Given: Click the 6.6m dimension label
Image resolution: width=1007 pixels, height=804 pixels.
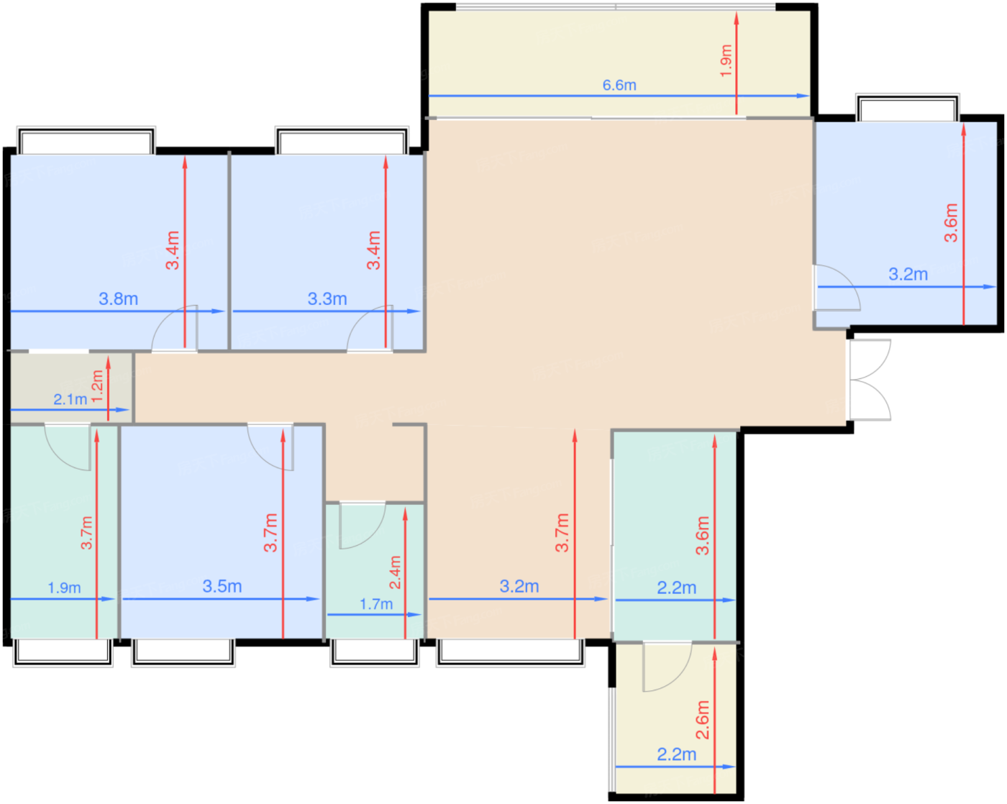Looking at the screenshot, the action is [x=619, y=85].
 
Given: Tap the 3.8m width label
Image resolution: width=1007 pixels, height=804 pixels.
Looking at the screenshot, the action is [x=119, y=298].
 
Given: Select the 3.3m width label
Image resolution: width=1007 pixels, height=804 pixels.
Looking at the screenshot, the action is [x=327, y=298].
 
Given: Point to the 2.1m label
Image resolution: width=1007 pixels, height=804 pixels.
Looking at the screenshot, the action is [x=70, y=399].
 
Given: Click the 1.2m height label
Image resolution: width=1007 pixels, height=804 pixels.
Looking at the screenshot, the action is [x=97, y=386].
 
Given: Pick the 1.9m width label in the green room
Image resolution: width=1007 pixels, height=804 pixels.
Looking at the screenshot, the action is [x=64, y=588].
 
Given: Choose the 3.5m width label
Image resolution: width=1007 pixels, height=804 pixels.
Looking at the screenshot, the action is [x=222, y=586].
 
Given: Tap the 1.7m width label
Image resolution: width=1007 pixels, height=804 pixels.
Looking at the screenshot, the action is [x=375, y=604].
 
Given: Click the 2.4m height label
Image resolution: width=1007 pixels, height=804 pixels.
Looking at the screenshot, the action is [x=395, y=572].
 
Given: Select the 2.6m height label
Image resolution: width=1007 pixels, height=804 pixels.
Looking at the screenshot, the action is [x=702, y=720].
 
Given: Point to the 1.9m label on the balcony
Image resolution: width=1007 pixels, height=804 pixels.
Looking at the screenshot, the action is [x=725, y=61].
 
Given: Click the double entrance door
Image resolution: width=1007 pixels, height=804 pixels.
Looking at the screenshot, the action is [x=870, y=380].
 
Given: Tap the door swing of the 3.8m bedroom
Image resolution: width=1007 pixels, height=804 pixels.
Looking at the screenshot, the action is [x=175, y=328].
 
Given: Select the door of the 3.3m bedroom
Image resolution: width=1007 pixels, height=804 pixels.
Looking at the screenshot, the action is [x=370, y=328].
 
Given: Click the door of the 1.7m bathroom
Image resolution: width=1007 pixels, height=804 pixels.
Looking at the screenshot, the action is [x=363, y=525].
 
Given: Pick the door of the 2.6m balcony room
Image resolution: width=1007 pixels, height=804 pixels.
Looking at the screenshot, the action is [x=667, y=667].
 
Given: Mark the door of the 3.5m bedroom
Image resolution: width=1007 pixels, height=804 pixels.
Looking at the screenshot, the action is [x=270, y=447].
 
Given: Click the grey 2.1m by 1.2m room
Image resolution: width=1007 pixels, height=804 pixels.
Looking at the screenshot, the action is [x=71, y=388].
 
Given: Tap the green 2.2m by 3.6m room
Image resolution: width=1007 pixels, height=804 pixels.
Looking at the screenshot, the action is [x=675, y=535].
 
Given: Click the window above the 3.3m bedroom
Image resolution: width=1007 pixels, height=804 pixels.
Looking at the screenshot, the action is [x=342, y=140].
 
